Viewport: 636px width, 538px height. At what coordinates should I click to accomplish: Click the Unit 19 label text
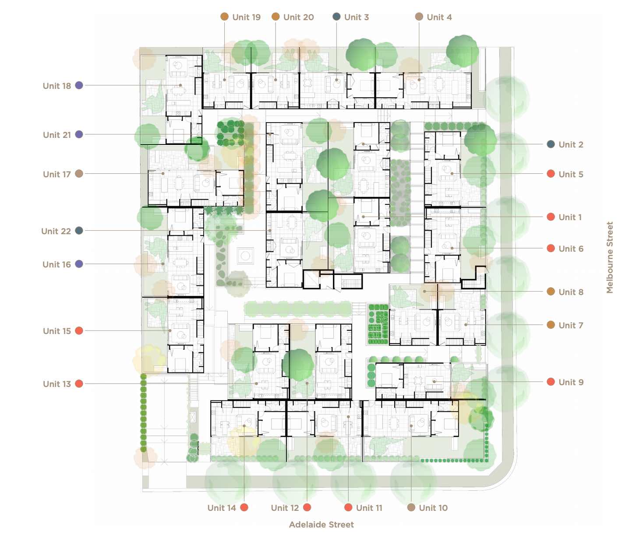click(x=246, y=17)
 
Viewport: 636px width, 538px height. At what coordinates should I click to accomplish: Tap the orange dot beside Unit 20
click(x=276, y=17)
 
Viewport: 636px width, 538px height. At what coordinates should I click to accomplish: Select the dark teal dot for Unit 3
click(x=336, y=17)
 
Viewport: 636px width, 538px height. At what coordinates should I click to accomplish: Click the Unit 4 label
click(x=439, y=17)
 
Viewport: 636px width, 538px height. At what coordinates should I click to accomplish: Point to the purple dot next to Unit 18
click(x=79, y=85)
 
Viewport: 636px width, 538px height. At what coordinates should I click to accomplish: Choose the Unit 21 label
click(x=57, y=135)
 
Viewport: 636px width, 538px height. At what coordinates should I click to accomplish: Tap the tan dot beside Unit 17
click(x=79, y=174)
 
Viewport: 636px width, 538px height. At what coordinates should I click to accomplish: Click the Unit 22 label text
click(x=56, y=231)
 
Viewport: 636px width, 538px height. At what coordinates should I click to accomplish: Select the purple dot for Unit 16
click(x=79, y=264)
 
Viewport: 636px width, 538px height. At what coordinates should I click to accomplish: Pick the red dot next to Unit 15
click(x=79, y=331)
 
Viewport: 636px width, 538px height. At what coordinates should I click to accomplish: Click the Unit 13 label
click(x=57, y=384)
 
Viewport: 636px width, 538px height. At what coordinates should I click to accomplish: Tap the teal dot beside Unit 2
click(x=551, y=144)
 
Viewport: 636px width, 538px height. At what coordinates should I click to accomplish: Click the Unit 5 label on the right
click(x=571, y=174)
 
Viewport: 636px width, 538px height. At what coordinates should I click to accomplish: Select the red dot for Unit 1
click(x=551, y=217)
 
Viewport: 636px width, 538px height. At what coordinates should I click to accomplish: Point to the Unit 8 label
click(x=571, y=292)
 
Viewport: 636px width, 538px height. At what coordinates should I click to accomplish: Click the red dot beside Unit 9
click(x=551, y=382)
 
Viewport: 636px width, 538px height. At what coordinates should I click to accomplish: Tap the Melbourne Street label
click(x=610, y=257)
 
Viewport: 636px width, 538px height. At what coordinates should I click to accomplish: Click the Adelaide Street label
click(x=321, y=524)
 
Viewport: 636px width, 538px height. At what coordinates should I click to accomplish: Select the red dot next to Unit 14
click(x=244, y=507)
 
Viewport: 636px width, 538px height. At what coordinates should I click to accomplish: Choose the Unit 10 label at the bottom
click(x=433, y=508)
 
